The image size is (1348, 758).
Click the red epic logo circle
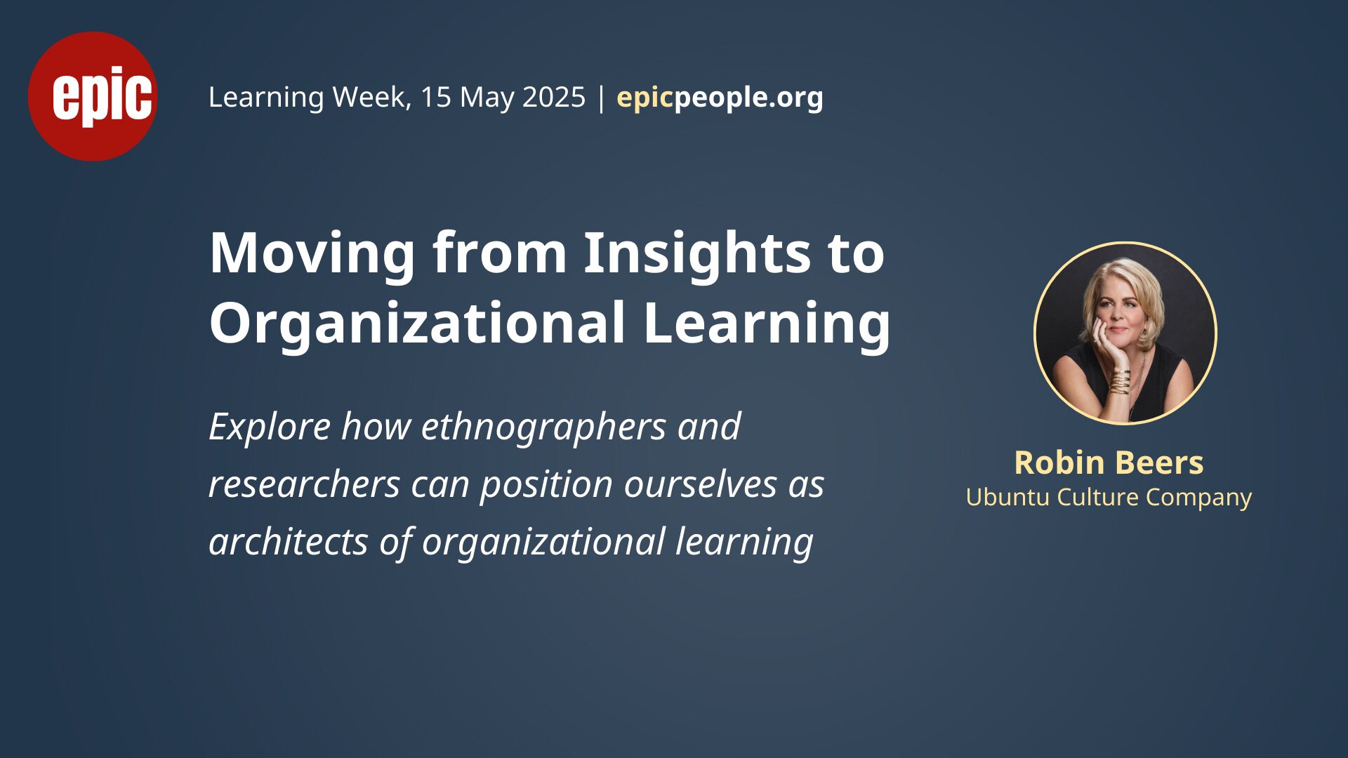click(92, 96)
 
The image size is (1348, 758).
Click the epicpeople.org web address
click(720, 98)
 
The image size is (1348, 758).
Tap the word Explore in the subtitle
click(270, 427)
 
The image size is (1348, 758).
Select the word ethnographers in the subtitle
click(543, 427)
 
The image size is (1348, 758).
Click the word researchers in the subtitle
click(305, 484)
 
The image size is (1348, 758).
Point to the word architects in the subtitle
click(289, 542)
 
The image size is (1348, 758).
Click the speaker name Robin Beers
click(1109, 463)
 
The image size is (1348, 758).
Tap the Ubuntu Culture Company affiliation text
click(1109, 498)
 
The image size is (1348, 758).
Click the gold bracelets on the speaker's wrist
click(1120, 381)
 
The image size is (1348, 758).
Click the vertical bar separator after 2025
click(601, 98)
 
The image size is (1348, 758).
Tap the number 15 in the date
click(435, 97)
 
